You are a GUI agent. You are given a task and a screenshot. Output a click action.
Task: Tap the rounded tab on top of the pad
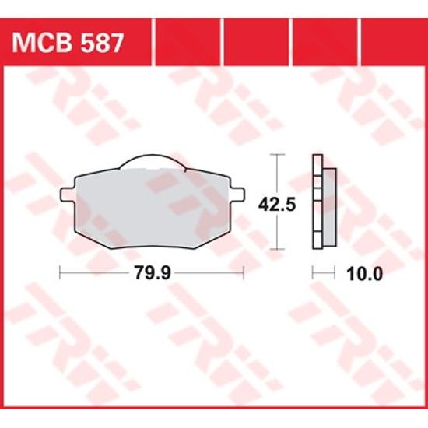(x=152, y=162)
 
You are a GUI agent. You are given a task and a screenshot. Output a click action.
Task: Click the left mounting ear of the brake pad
(x=66, y=192)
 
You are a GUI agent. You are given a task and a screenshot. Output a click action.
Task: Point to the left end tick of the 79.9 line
(x=60, y=273)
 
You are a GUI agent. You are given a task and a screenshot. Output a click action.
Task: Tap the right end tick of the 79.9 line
(x=244, y=273)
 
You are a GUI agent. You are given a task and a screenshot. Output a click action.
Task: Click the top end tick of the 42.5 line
(x=275, y=156)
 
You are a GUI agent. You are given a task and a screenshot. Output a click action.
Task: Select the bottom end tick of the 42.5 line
(x=275, y=250)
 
